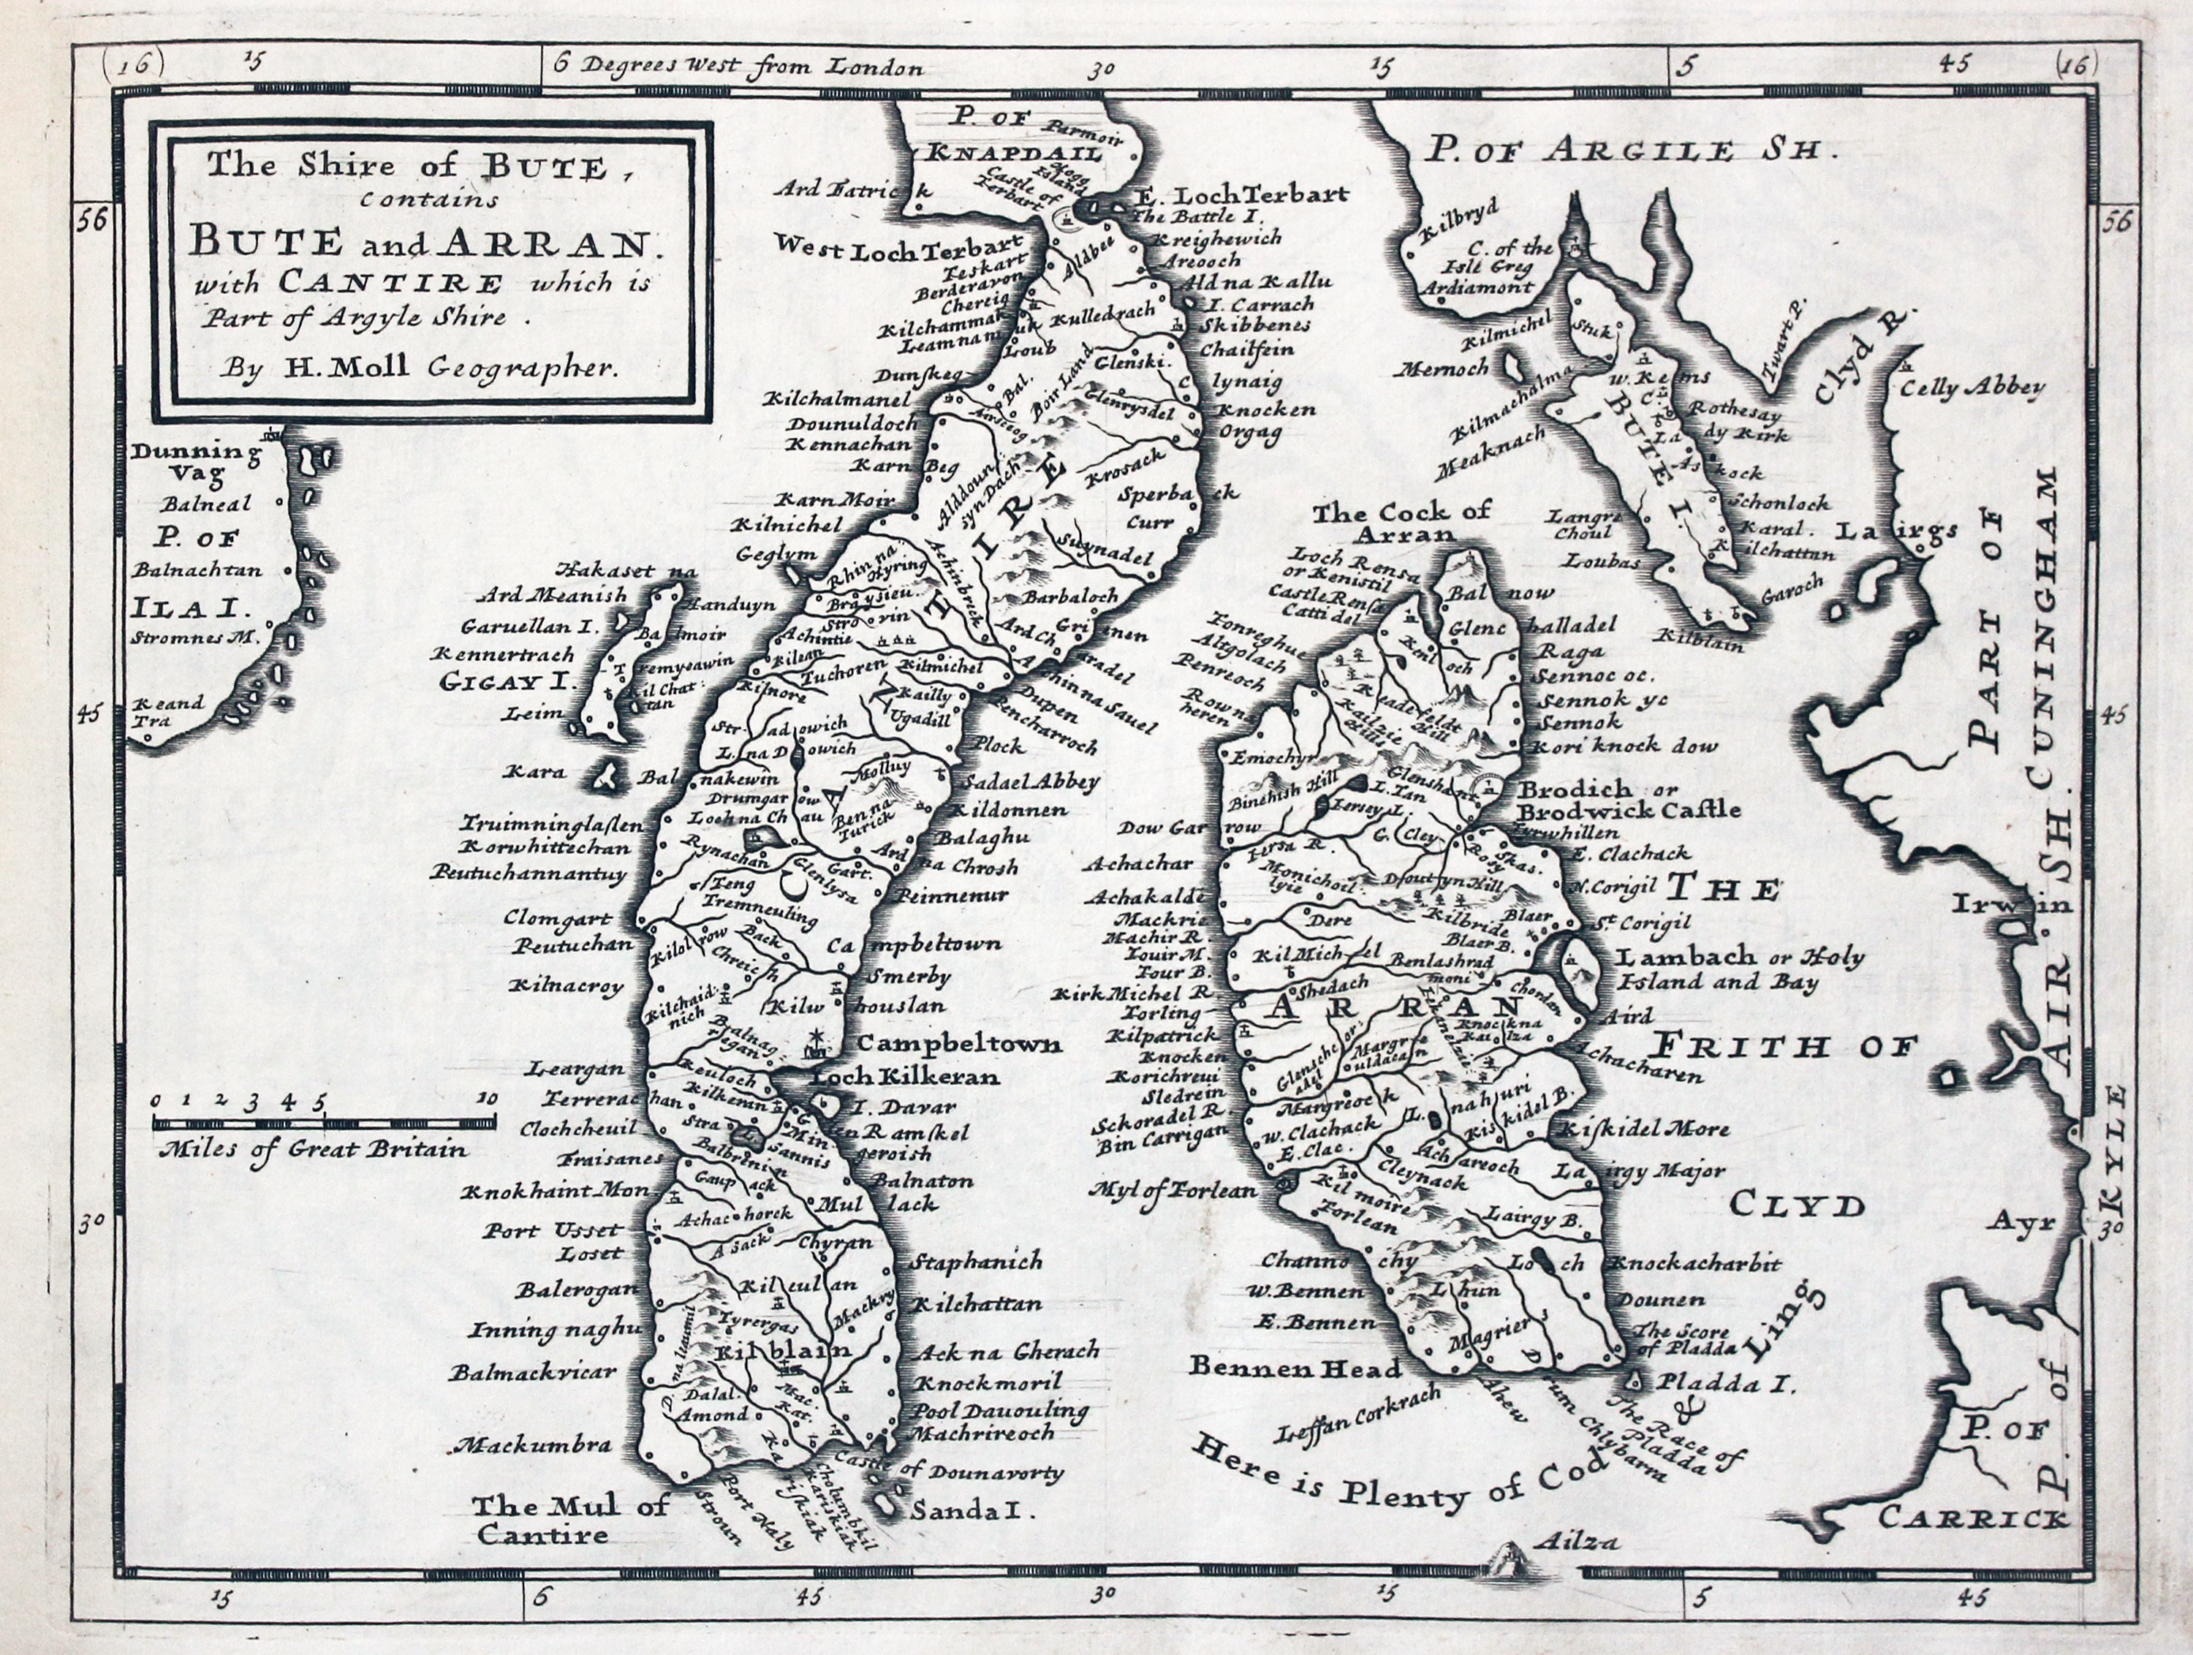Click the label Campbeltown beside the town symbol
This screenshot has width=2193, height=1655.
958,1044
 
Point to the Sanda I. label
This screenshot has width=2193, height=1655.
971,1511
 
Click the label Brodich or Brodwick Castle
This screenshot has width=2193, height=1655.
1629,799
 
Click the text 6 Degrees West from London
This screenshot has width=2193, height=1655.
738,67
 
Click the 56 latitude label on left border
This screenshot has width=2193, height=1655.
92,220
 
